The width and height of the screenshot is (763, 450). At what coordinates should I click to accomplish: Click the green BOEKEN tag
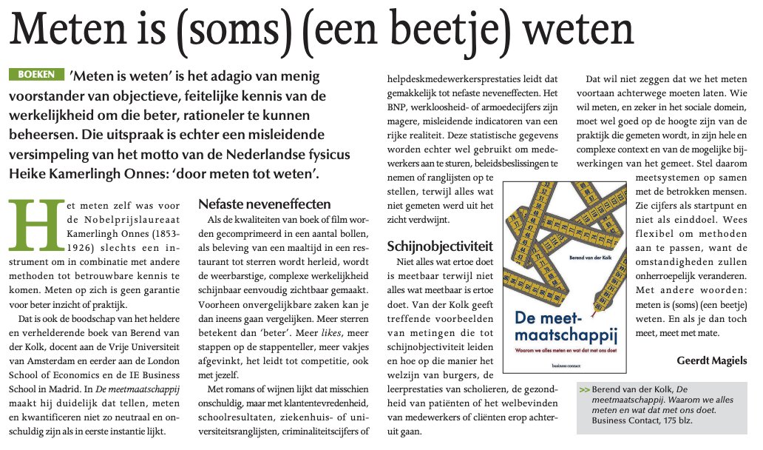click(x=34, y=75)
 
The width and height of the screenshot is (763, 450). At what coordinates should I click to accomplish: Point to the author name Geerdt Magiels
click(x=711, y=360)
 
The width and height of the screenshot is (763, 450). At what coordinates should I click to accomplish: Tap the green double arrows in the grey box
click(x=586, y=389)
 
